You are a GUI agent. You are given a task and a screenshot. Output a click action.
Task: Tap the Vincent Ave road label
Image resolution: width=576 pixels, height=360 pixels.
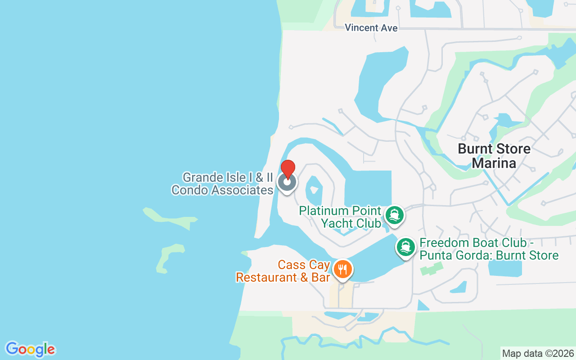coord(371,28)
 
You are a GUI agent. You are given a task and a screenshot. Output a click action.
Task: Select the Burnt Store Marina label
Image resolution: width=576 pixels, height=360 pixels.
coord(494,156)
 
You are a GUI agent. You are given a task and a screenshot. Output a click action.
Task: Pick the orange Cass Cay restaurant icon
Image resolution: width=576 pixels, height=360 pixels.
coord(343,270)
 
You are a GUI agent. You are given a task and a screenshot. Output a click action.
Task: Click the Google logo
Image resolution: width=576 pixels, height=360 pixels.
coord(30,349)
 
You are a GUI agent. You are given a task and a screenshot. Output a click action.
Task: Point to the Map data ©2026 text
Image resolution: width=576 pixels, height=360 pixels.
coord(538,353)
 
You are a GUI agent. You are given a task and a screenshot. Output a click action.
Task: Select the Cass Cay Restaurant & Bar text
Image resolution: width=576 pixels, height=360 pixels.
coord(283,271)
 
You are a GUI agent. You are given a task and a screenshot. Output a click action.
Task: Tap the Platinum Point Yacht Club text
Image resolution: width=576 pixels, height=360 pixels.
coord(340,217)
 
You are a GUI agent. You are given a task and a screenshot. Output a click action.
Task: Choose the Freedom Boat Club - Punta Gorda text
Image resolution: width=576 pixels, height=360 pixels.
coord(489,249)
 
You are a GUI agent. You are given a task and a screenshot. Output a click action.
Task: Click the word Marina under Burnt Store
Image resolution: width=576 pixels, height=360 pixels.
coord(494,163)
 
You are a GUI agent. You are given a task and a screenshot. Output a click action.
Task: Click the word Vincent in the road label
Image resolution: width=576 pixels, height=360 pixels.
coord(361,28)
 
